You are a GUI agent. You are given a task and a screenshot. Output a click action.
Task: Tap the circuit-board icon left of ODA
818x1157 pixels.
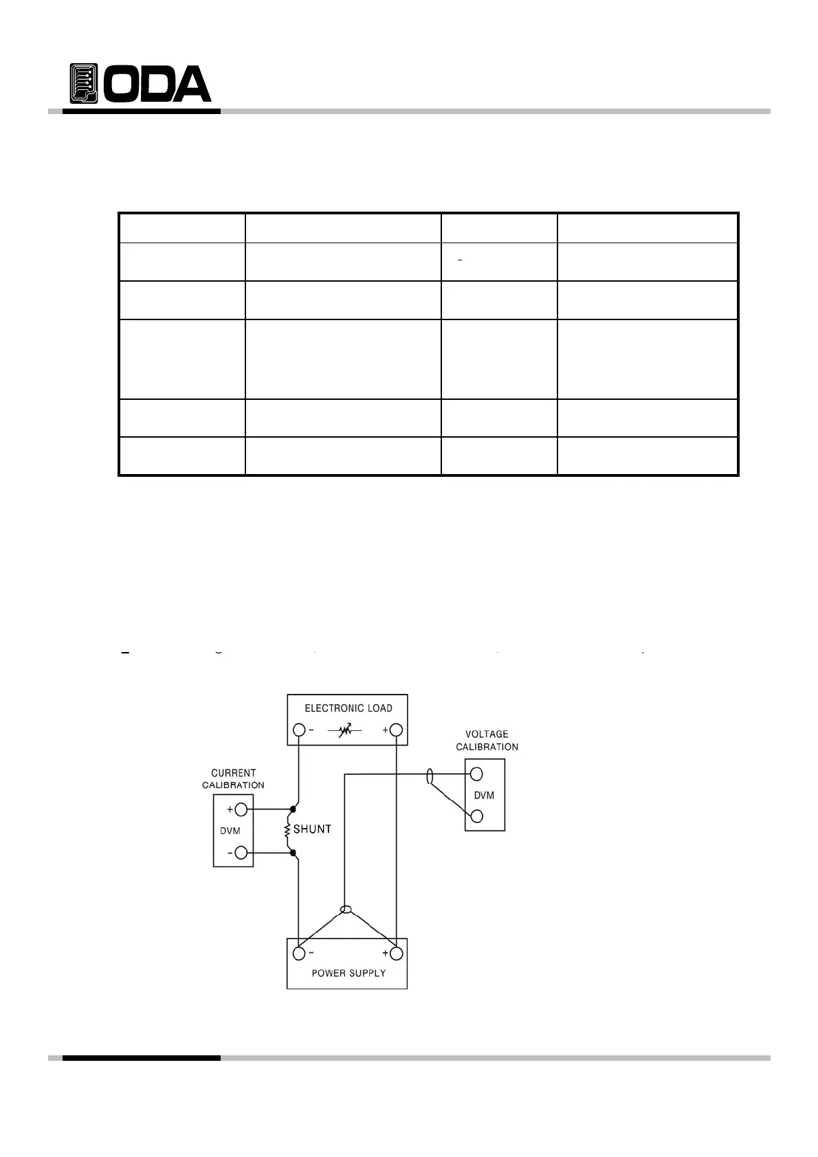click(x=84, y=84)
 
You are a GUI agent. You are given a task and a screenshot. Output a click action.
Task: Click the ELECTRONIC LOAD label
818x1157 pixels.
click(x=349, y=708)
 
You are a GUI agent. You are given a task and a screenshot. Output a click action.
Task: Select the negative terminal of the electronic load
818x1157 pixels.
click(x=299, y=730)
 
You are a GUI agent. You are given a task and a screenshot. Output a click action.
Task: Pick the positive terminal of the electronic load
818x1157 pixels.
click(x=396, y=730)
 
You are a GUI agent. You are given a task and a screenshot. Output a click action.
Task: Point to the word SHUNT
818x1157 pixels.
click(x=312, y=829)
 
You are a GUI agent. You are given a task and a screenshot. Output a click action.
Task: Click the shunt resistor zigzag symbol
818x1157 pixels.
click(x=287, y=831)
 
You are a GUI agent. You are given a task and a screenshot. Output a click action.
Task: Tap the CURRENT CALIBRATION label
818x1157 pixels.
click(x=233, y=778)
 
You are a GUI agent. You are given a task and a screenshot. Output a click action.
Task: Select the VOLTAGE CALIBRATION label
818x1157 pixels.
click(x=487, y=740)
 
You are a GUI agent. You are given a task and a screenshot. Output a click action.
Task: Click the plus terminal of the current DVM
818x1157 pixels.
click(x=241, y=809)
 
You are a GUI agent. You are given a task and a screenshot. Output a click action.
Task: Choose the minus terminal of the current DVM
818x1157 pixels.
click(x=241, y=853)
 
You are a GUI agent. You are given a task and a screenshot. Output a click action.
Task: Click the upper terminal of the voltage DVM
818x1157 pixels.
click(x=476, y=775)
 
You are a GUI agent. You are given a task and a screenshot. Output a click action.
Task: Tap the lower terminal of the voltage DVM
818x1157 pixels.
click(x=476, y=816)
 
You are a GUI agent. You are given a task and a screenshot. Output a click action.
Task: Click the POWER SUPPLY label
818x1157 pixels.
click(x=349, y=973)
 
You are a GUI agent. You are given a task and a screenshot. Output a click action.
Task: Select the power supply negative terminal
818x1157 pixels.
click(x=299, y=954)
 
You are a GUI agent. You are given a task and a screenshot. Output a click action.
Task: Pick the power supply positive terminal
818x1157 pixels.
click(x=396, y=954)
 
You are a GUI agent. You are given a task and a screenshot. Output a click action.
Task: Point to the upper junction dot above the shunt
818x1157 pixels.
click(x=294, y=809)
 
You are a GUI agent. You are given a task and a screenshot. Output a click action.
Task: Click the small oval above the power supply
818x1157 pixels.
click(x=346, y=910)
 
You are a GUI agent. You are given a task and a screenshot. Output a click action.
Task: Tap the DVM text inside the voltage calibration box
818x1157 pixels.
click(x=485, y=796)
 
